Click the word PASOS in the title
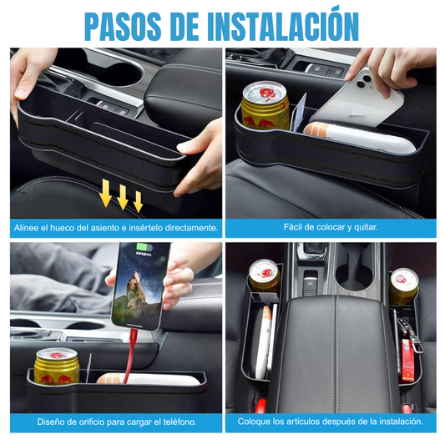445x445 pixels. tap(123, 27)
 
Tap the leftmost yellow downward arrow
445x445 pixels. tap(106, 193)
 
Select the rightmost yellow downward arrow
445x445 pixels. tap(139, 201)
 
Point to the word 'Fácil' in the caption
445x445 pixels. tap(293, 227)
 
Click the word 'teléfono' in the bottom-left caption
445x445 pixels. tap(180, 422)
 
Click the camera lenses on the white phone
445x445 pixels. tap(363, 81)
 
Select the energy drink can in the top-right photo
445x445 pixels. tap(265, 106)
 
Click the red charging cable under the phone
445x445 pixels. tap(130, 355)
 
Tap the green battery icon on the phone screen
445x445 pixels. tap(144, 247)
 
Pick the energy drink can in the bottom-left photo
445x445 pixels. tap(57, 367)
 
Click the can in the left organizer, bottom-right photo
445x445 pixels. tap(265, 276)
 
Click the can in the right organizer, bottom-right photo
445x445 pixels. tap(403, 286)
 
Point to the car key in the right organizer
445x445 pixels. tap(407, 332)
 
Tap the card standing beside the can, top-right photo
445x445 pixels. tap(300, 113)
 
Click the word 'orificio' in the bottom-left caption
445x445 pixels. tap(91, 422)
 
